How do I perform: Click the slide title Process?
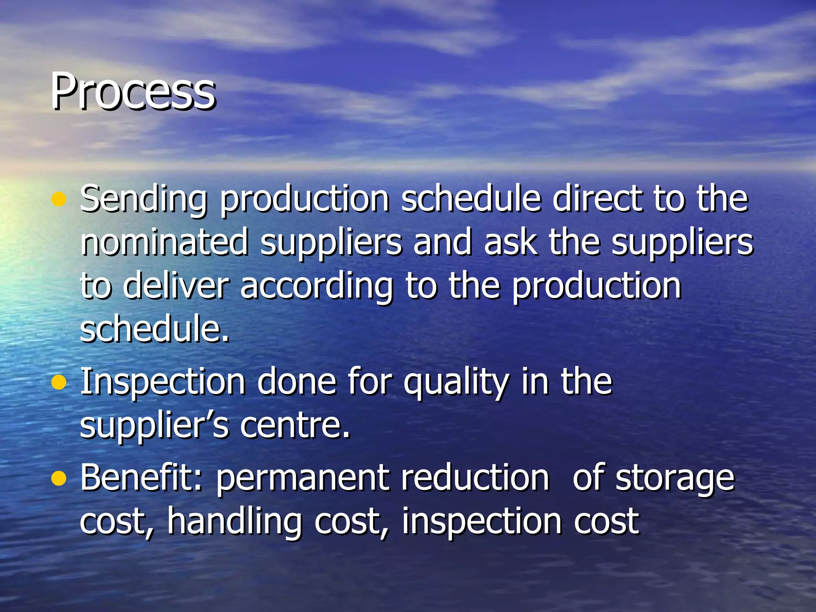pyautogui.click(x=133, y=92)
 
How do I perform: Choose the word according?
pyautogui.click(x=317, y=287)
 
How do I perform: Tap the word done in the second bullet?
pyautogui.click(x=297, y=381)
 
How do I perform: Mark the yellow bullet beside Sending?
pyautogui.click(x=59, y=199)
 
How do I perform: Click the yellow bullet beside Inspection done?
pyautogui.click(x=59, y=382)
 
